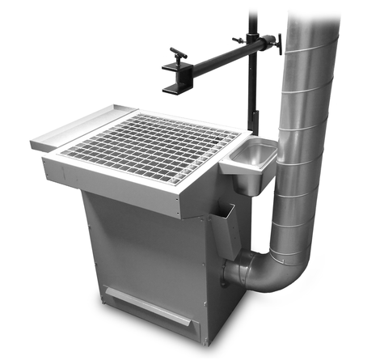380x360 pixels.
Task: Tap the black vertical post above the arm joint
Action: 251,20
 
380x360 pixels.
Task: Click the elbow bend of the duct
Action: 259,271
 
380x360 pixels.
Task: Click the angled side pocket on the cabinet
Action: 222,231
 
